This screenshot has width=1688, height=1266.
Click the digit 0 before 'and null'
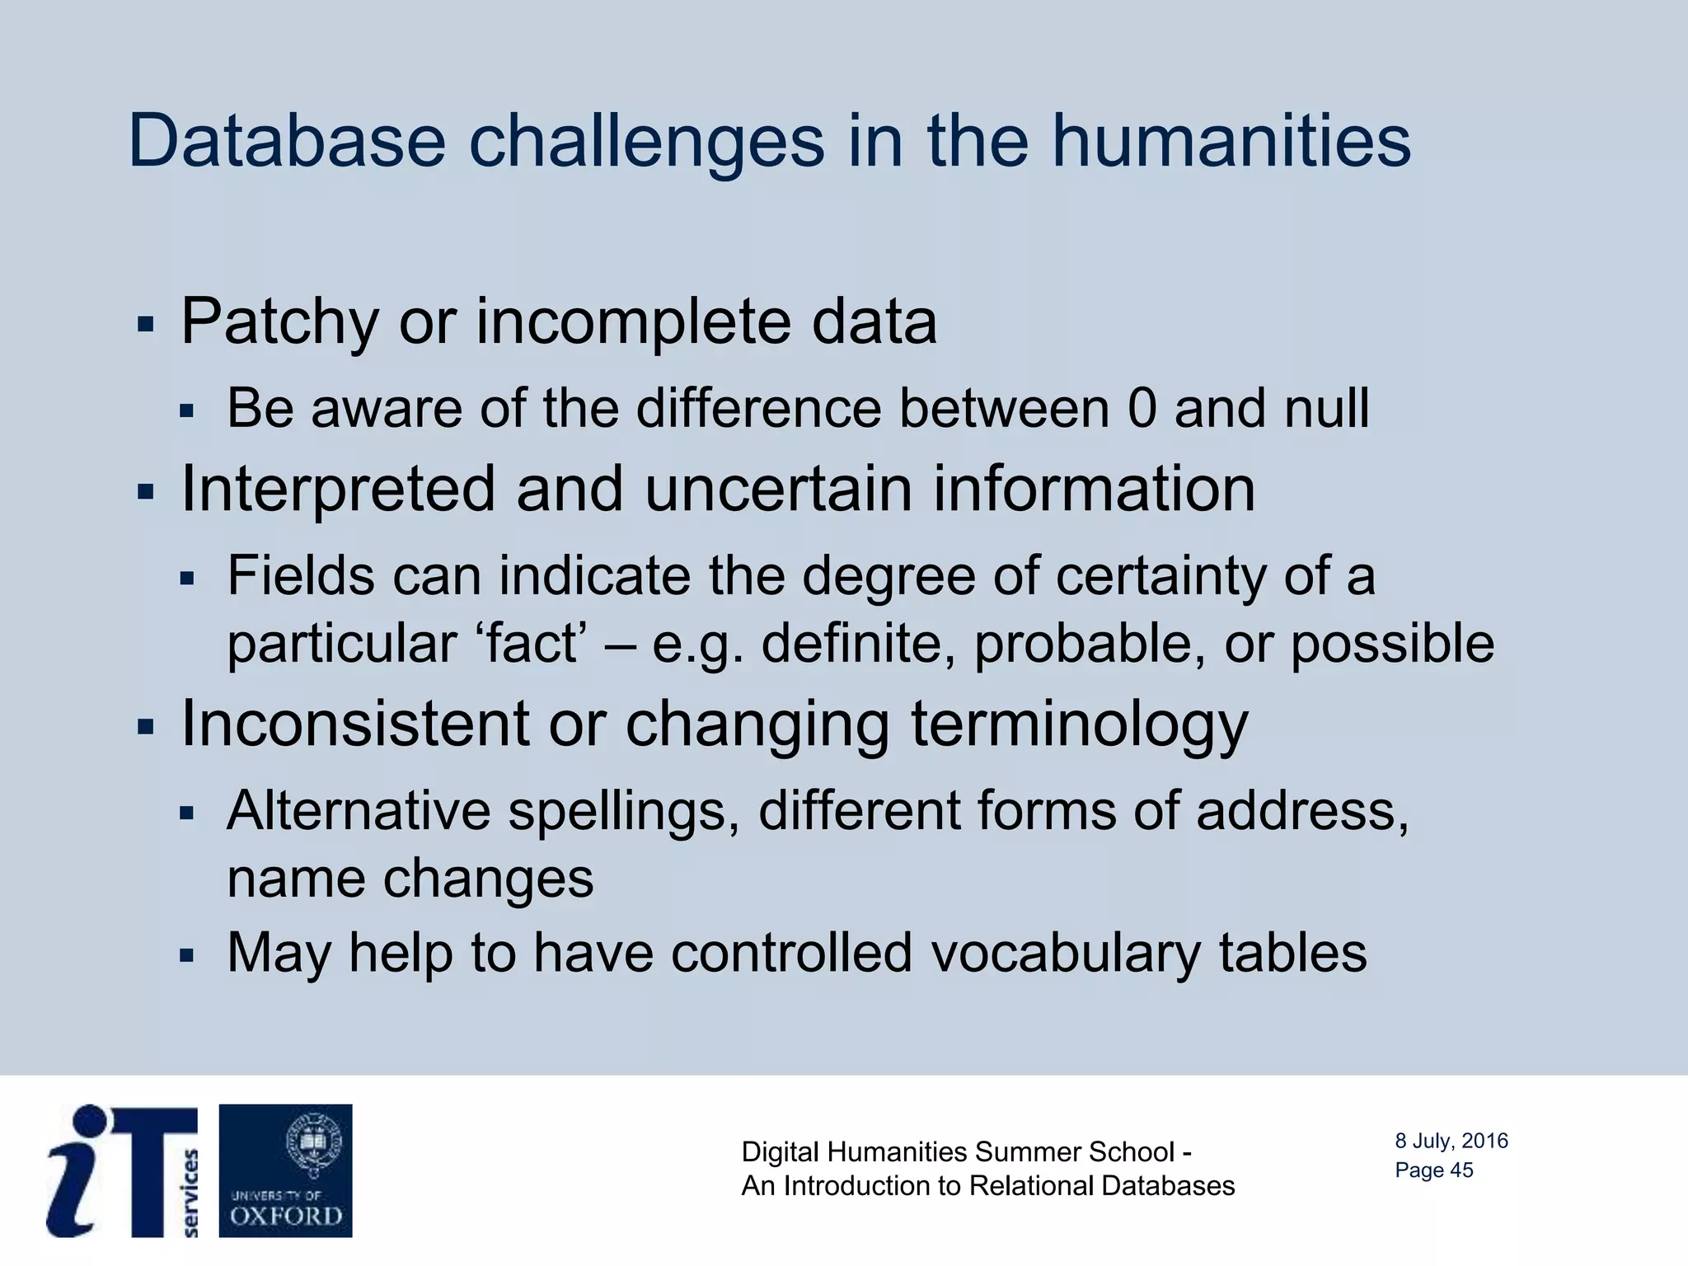click(1142, 408)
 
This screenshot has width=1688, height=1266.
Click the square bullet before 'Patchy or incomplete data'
click(146, 324)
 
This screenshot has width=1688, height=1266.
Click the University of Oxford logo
click(285, 1170)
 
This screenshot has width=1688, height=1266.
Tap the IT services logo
click(122, 1170)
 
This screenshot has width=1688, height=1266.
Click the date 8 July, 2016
click(1451, 1141)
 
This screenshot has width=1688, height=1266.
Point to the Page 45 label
click(1433, 1170)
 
